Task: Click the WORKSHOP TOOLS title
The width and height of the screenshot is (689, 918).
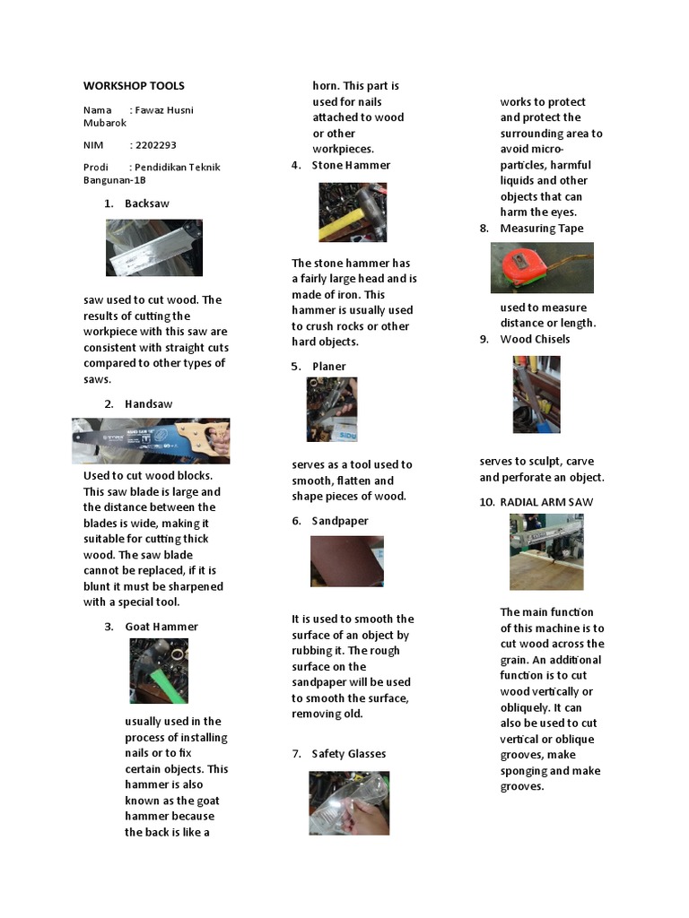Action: pyautogui.click(x=134, y=86)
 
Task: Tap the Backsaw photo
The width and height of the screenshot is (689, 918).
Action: pyautogui.click(x=153, y=248)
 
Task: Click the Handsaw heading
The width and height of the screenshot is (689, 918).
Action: pyautogui.click(x=149, y=403)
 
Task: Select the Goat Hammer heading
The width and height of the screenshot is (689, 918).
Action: pyautogui.click(x=161, y=627)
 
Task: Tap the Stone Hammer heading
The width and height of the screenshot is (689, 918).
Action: pyautogui.click(x=351, y=165)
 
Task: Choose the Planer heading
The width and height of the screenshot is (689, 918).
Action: pyautogui.click(x=328, y=366)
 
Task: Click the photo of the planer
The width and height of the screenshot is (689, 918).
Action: pyautogui.click(x=332, y=409)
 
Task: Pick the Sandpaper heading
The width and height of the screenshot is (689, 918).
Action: pyautogui.click(x=340, y=521)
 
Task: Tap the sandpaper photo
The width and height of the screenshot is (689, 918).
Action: pyautogui.click(x=346, y=561)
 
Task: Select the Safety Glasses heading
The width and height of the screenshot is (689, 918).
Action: pyautogui.click(x=348, y=754)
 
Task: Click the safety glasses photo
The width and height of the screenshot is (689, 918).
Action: pyautogui.click(x=349, y=803)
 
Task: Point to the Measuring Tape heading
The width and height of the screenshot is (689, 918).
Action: pyautogui.click(x=541, y=229)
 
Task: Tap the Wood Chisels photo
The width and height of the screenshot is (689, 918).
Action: pyautogui.click(x=536, y=394)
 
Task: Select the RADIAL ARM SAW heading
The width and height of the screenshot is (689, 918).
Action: pyautogui.click(x=546, y=502)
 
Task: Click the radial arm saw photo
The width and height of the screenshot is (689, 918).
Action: pyautogui.click(x=546, y=551)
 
